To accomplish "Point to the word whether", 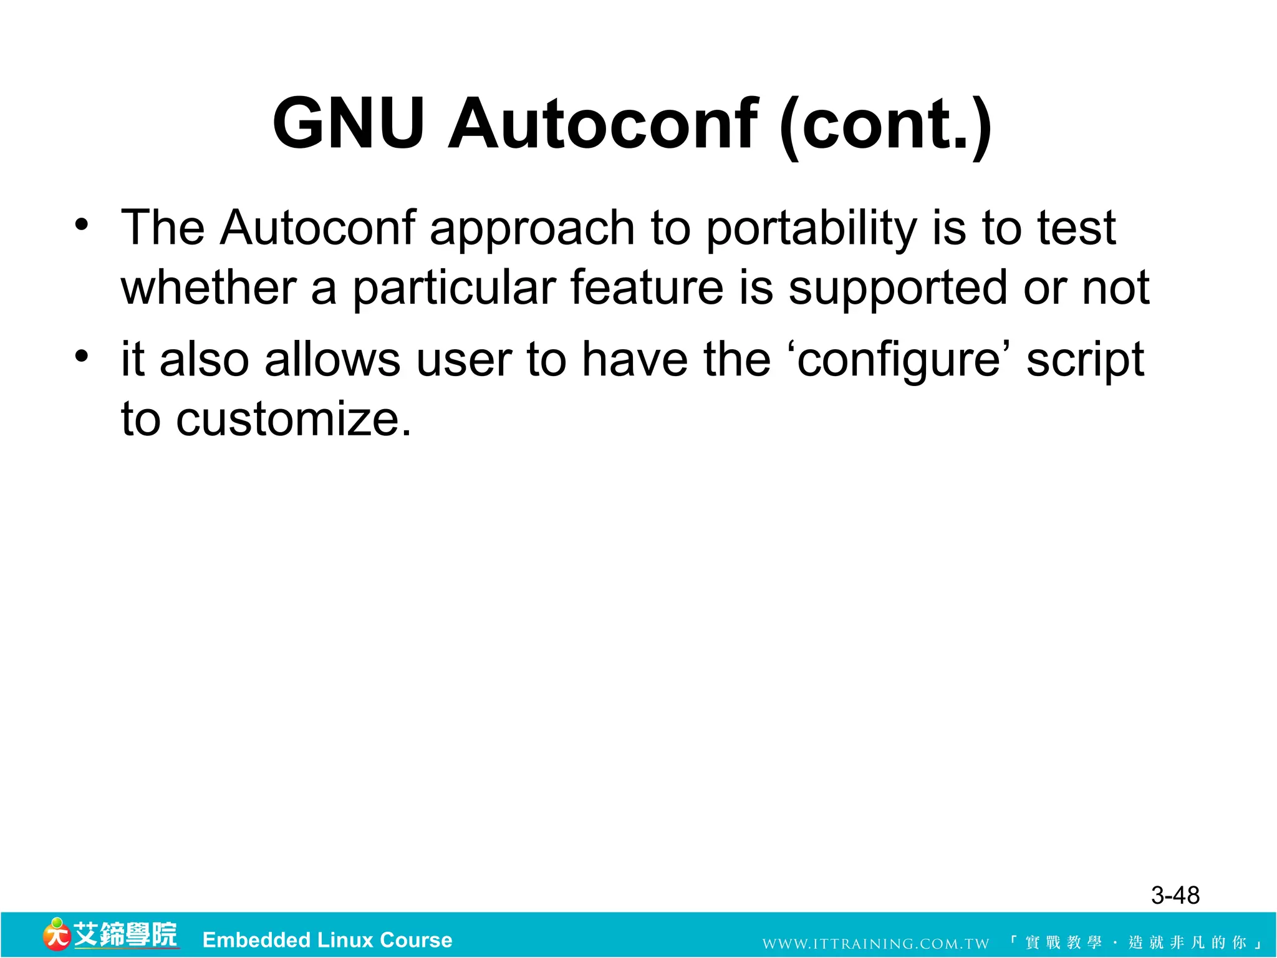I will point(208,288).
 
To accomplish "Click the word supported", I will point(898,289).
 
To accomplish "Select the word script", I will point(1085,360).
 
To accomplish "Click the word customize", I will point(294,419).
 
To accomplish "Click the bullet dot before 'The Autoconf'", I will point(82,224).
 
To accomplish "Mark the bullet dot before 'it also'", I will point(82,356).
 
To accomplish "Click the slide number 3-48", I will point(1175,896).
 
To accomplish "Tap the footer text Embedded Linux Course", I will point(327,940).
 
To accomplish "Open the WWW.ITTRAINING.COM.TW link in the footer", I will point(875,944).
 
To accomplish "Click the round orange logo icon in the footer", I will point(56,935).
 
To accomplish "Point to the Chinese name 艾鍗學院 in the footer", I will point(125,935).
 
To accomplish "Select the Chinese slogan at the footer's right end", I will point(1135,942).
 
